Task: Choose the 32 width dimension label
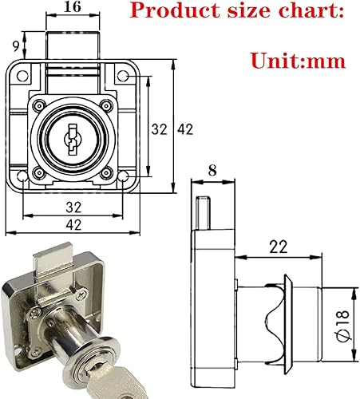point(73,206)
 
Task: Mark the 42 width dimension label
point(73,224)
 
